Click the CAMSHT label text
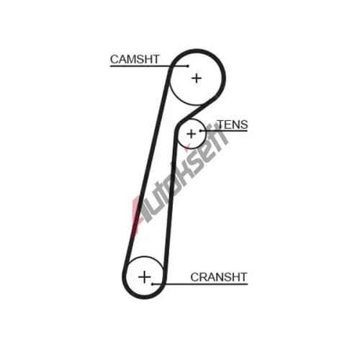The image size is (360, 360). click(135, 59)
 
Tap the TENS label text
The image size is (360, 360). click(233, 125)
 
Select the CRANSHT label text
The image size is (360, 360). click(219, 277)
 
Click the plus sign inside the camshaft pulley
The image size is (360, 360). click(197, 78)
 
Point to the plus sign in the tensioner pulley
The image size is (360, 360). click(192, 134)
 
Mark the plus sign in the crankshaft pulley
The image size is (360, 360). click(145, 277)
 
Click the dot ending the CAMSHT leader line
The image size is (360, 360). click(188, 66)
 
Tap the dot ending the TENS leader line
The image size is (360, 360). click(200, 131)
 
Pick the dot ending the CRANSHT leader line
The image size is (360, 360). click(153, 284)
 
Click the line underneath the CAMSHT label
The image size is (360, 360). click(149, 66)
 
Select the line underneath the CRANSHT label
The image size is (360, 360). click(200, 284)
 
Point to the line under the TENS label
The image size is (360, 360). click(224, 131)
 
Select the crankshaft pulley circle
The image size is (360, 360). click(126, 277)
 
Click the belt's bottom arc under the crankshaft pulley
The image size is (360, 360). click(145, 297)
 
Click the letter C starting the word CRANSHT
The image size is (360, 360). click(194, 277)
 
